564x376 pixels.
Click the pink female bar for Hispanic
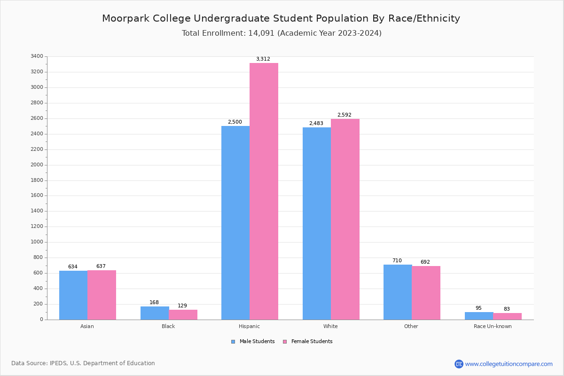[x=264, y=191]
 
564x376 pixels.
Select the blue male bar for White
[x=317, y=223]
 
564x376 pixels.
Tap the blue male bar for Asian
[x=73, y=295]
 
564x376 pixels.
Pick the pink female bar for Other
[x=426, y=293]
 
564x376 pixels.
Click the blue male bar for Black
[x=155, y=313]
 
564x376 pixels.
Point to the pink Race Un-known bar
[x=507, y=316]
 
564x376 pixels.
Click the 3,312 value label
[x=263, y=59]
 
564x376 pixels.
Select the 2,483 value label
[x=316, y=124]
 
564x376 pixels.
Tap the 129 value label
[x=182, y=306]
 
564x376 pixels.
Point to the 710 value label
[x=397, y=261]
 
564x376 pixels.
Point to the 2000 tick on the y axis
[x=37, y=165]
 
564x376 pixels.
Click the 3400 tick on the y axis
[x=37, y=56]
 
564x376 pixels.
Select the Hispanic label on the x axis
[x=249, y=327]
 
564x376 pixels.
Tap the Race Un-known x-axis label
[x=493, y=327]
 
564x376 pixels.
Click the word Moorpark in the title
[x=123, y=19]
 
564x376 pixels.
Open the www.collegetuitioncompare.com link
[x=509, y=364]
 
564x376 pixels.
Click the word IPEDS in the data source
[x=59, y=363]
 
